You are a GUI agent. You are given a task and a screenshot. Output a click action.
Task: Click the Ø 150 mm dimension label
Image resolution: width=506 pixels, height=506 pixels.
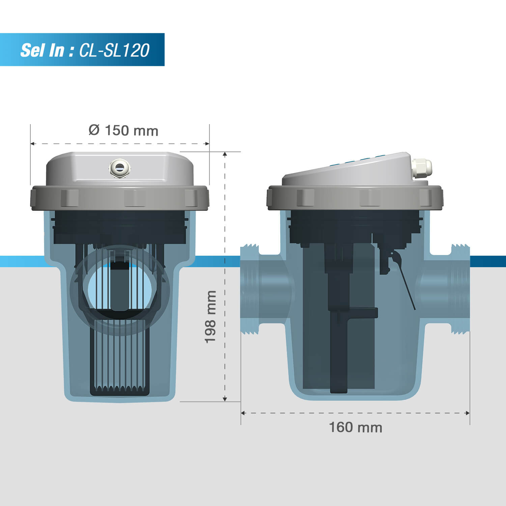(x=123, y=131)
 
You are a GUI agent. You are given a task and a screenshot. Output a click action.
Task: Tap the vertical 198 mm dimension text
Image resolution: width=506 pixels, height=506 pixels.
(x=210, y=317)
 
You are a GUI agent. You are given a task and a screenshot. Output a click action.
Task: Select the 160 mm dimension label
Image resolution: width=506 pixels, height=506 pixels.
(x=356, y=427)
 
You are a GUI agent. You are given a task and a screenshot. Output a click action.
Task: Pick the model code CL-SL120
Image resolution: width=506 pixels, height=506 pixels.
(x=114, y=50)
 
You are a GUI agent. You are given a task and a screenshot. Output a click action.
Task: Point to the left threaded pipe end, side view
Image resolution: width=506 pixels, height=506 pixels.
(x=250, y=289)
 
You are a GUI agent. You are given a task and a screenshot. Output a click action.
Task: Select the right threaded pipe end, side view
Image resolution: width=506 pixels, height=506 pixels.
(x=461, y=289)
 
